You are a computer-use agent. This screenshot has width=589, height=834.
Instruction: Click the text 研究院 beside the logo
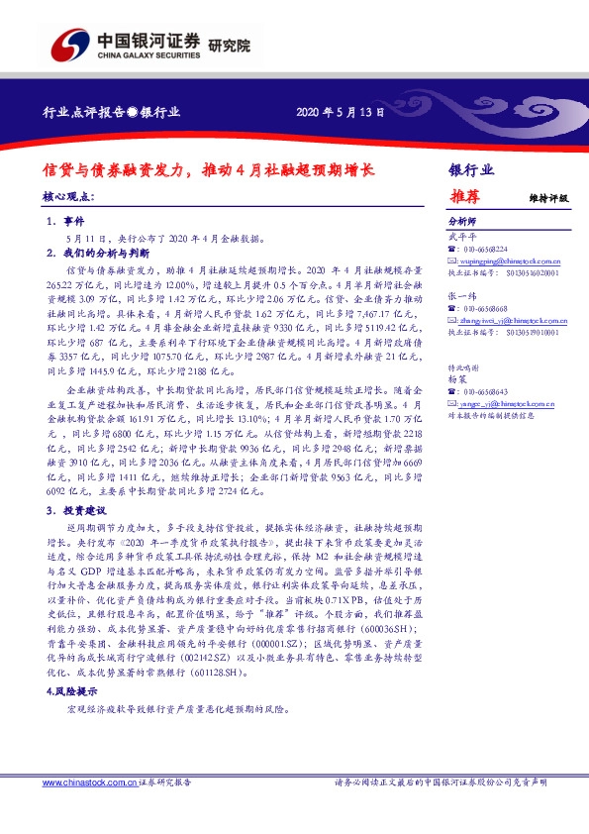230,46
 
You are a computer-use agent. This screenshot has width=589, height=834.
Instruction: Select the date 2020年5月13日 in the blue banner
340,113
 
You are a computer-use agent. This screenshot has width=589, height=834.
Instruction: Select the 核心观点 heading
71,198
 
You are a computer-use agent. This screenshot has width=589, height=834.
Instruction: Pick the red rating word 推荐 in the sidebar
465,196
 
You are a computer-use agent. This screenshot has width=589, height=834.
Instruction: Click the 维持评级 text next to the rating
548,198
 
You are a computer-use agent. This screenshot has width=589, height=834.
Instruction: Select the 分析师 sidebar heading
462,222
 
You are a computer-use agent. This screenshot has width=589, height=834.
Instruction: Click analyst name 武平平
462,236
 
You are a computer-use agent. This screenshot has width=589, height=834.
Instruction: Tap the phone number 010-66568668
485,307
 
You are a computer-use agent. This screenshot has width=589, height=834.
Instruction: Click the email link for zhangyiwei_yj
502,320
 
